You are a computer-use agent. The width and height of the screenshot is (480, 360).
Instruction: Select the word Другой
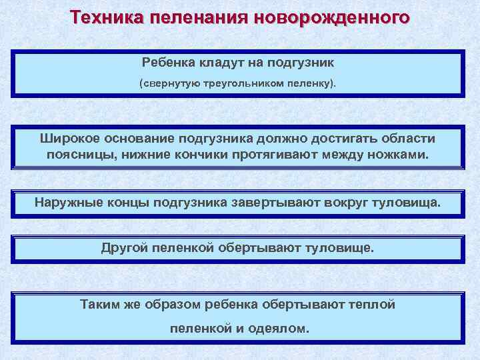tap(124, 249)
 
